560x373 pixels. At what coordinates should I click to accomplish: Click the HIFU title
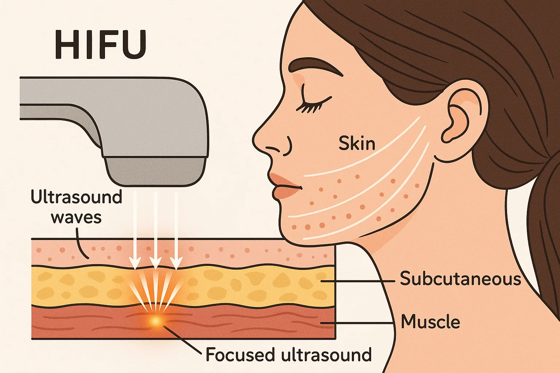[x=101, y=45]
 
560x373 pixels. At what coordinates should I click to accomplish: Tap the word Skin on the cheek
[x=357, y=143]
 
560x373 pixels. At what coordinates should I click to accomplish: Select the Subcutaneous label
[x=460, y=279]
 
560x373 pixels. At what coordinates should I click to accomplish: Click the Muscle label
[x=430, y=322]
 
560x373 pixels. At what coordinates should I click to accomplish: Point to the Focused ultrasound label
[x=288, y=354]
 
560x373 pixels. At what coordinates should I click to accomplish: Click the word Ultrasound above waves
[x=76, y=197]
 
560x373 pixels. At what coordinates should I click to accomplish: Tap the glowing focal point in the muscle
[x=156, y=321]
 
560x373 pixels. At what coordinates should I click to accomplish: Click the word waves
[x=76, y=217]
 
